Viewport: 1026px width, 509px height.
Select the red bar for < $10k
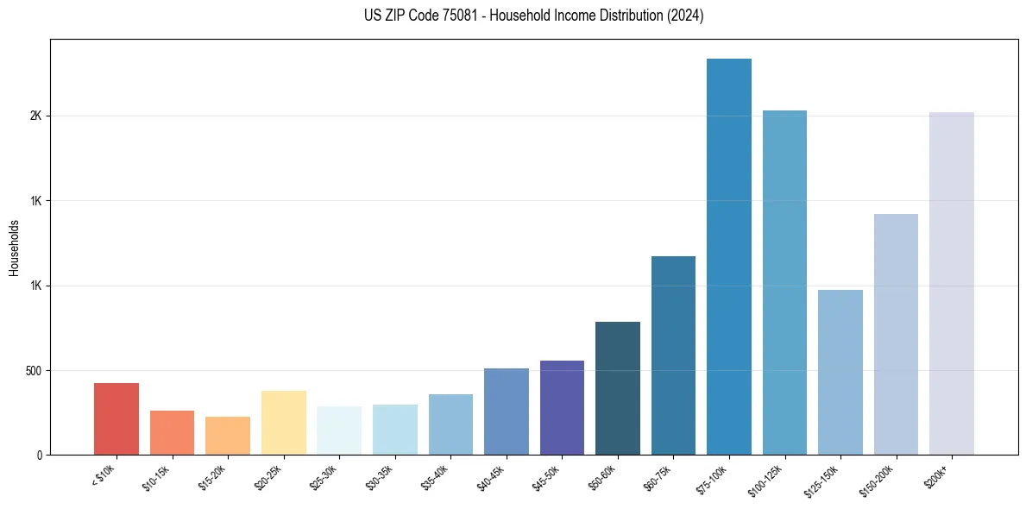[x=116, y=418]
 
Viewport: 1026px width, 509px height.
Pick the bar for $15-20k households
[x=228, y=436]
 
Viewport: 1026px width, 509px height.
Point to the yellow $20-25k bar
[x=283, y=423]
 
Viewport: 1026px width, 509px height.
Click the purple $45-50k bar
[x=562, y=407]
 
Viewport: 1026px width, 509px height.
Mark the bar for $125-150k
[x=840, y=372]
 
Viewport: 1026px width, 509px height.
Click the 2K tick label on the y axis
[x=34, y=116]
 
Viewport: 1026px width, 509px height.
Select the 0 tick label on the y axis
[x=39, y=456]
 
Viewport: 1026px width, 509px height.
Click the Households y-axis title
[x=14, y=248]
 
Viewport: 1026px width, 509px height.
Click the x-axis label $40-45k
[x=491, y=477]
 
